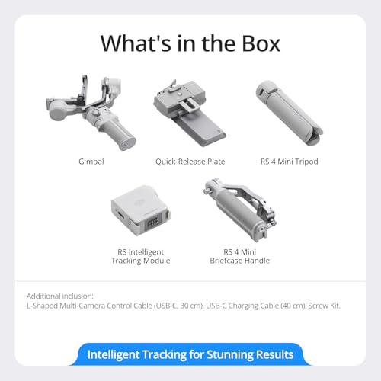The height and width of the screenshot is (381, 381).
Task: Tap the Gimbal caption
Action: pos(91,162)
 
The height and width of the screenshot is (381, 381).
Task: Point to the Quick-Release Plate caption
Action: pos(190,162)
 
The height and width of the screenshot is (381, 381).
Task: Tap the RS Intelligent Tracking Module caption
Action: pos(140,256)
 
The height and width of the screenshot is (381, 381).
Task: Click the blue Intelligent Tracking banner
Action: pos(190,354)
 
